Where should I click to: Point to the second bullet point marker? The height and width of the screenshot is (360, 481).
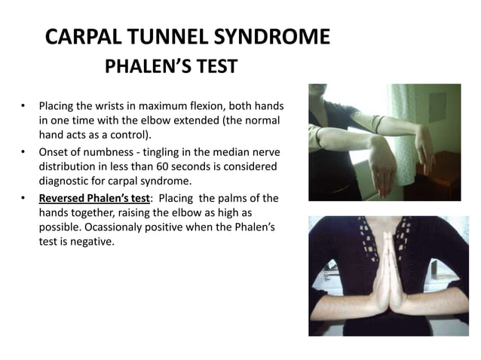click(x=24, y=151)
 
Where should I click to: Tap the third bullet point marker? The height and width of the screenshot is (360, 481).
click(x=24, y=199)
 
